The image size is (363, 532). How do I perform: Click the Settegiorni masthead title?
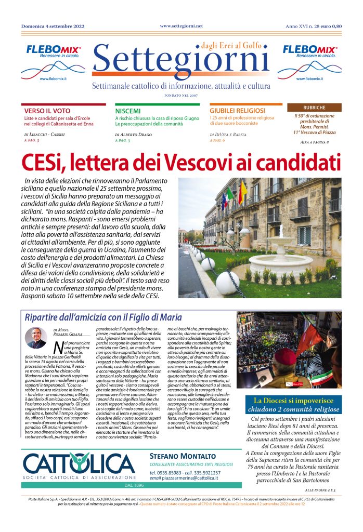180,63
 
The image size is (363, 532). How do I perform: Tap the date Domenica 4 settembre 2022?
53,26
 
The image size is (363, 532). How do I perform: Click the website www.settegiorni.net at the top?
181,25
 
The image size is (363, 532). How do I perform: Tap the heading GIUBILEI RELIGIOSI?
237,111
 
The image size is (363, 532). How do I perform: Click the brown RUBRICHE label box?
314,108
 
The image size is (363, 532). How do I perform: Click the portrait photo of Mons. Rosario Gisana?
36,338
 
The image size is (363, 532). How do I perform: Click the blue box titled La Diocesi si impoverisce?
294,404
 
